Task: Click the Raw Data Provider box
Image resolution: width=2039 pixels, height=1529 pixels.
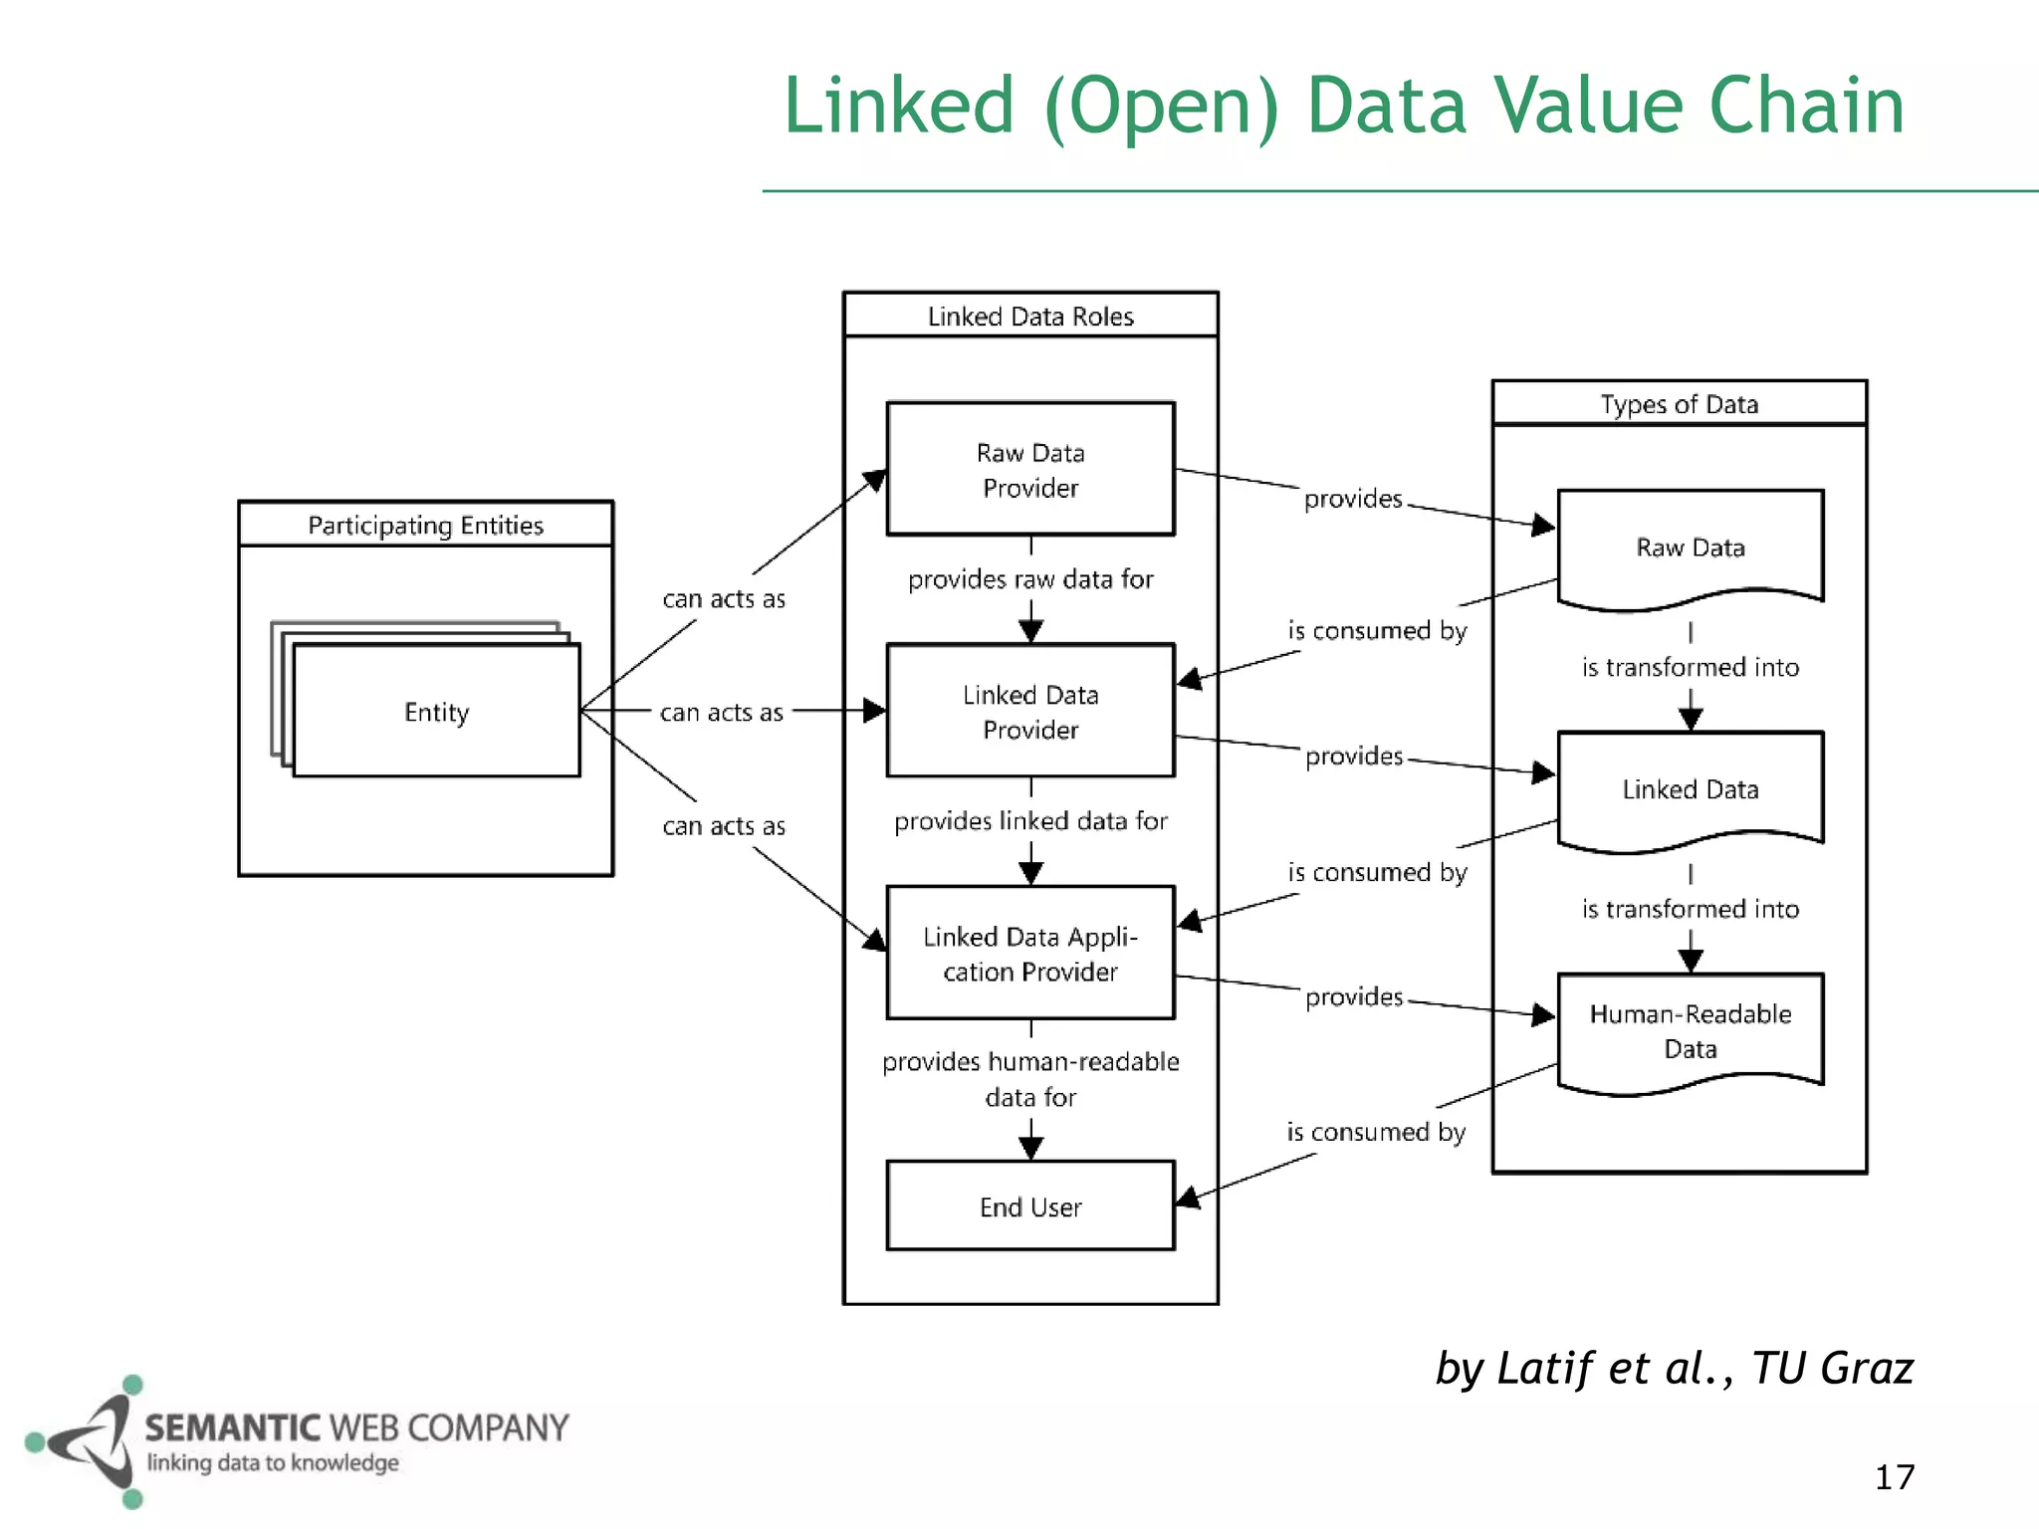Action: coord(1030,469)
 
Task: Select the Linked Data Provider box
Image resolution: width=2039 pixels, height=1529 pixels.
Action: coord(1030,711)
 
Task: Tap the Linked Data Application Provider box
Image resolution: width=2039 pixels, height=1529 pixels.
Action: coord(1030,953)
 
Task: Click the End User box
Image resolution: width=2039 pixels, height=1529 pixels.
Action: coord(1030,1205)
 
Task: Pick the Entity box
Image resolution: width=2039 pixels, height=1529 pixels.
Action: coord(436,711)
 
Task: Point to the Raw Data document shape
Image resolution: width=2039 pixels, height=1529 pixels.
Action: coord(1690,547)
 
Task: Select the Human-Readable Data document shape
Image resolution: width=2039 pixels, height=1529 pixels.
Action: coord(1690,1031)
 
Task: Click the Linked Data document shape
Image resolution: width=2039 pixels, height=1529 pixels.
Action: coord(1690,789)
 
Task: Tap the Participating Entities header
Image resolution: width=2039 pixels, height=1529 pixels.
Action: coord(425,525)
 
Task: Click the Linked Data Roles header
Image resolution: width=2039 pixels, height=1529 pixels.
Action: coord(1030,316)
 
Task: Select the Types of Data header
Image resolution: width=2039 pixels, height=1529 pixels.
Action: coord(1679,404)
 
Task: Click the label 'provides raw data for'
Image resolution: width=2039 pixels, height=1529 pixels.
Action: coord(1030,579)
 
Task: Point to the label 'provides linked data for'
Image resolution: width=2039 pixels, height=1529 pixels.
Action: coord(1030,821)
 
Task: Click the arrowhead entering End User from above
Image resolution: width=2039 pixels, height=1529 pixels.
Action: coord(1030,1148)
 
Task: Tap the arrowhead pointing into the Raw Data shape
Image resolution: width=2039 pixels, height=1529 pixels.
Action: coord(1542,525)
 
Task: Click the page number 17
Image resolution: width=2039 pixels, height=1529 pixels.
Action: coord(1894,1477)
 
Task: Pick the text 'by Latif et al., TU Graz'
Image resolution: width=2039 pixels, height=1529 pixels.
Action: coord(1674,1368)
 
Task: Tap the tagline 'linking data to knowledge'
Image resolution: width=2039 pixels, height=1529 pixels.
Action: coord(273,1462)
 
